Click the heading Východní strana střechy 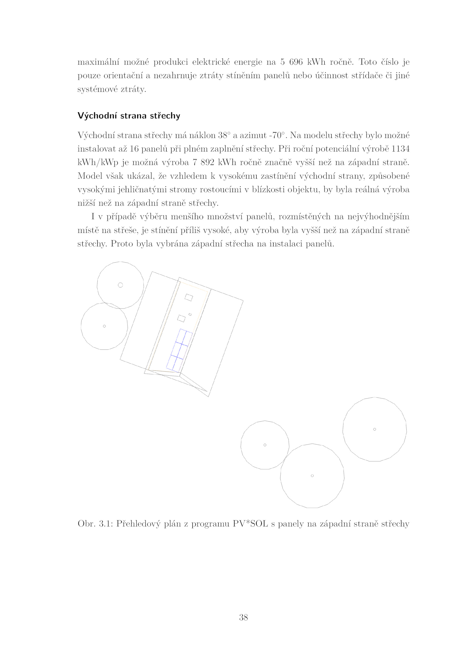coord(129,116)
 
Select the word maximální coord(98,62)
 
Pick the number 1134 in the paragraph coord(400,149)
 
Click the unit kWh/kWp coord(98,162)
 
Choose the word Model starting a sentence coord(90,176)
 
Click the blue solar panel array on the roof coord(179,351)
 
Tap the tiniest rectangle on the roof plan coord(190,314)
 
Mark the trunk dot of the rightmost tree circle coord(374,429)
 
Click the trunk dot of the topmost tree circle coord(120,285)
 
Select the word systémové coord(97,89)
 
